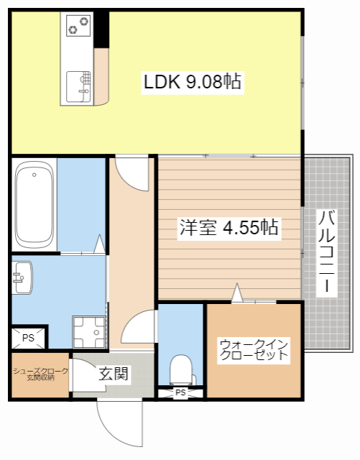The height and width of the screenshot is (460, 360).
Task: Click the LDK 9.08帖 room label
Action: click(x=193, y=82)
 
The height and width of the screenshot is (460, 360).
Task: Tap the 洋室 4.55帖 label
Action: click(x=229, y=227)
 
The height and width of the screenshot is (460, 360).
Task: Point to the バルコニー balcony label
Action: click(x=326, y=252)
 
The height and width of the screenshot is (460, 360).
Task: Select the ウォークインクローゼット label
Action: click(x=254, y=350)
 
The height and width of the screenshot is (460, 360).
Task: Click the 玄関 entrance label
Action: click(x=114, y=374)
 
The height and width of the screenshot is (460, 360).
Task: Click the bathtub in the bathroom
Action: click(x=34, y=204)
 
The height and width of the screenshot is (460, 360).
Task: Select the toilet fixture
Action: click(x=182, y=369)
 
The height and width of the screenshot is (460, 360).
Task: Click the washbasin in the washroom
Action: click(x=22, y=277)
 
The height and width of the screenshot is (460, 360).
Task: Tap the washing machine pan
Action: click(x=88, y=332)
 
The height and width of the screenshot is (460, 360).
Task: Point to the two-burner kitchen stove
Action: click(x=78, y=26)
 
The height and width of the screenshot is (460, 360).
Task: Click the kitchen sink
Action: click(x=78, y=86)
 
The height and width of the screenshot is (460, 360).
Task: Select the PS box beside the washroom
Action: click(x=28, y=338)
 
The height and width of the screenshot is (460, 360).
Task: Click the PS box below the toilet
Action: click(x=180, y=392)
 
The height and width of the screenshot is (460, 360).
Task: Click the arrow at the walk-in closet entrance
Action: click(x=237, y=293)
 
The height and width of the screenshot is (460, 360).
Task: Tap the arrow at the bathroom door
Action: click(x=99, y=244)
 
